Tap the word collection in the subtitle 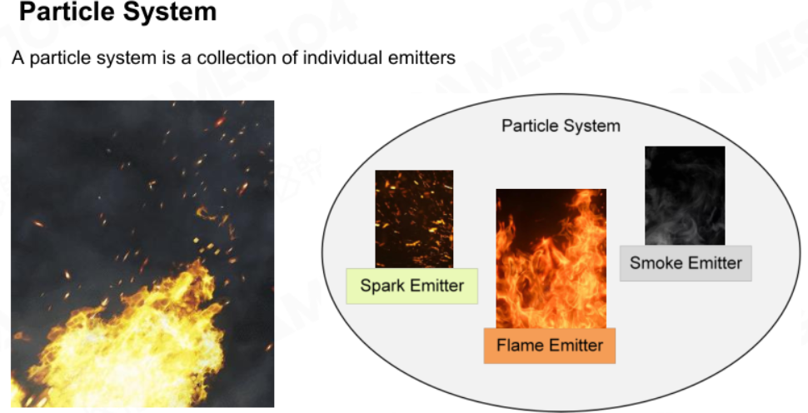(235, 57)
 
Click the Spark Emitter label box (411, 286)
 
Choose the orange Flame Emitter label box (549, 345)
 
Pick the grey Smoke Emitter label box (686, 263)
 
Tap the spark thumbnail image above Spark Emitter (414, 219)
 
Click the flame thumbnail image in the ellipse (551, 258)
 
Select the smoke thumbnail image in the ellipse (685, 196)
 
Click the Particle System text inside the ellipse (561, 126)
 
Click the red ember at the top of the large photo (220, 122)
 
